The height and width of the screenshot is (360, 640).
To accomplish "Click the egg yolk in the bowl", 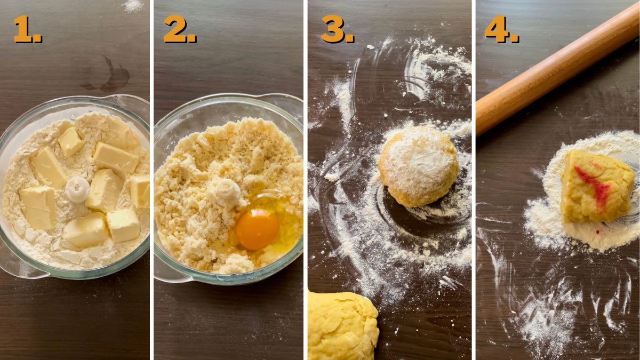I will pos(258,229).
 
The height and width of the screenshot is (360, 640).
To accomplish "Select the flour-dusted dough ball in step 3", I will pos(419,166).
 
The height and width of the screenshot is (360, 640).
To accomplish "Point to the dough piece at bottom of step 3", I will pos(341,325).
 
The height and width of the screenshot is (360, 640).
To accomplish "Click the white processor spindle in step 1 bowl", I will pos(78,189).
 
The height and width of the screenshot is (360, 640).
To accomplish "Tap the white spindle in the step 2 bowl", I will pos(227,189).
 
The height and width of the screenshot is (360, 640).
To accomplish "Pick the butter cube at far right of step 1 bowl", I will pos(140,191).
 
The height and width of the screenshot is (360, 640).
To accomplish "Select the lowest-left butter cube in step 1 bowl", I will pos(38,206).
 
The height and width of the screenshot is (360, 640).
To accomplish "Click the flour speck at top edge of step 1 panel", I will pos(133,6).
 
